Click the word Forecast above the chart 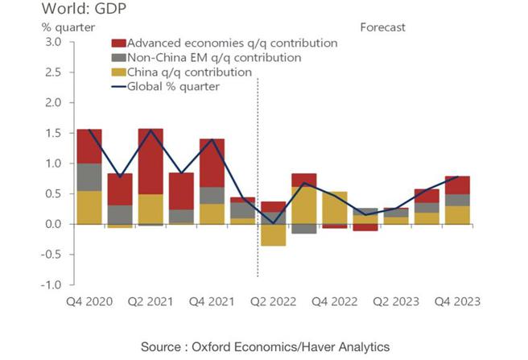pos(382,27)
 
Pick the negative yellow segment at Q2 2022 pos(274,234)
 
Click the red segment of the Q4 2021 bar pos(212,163)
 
